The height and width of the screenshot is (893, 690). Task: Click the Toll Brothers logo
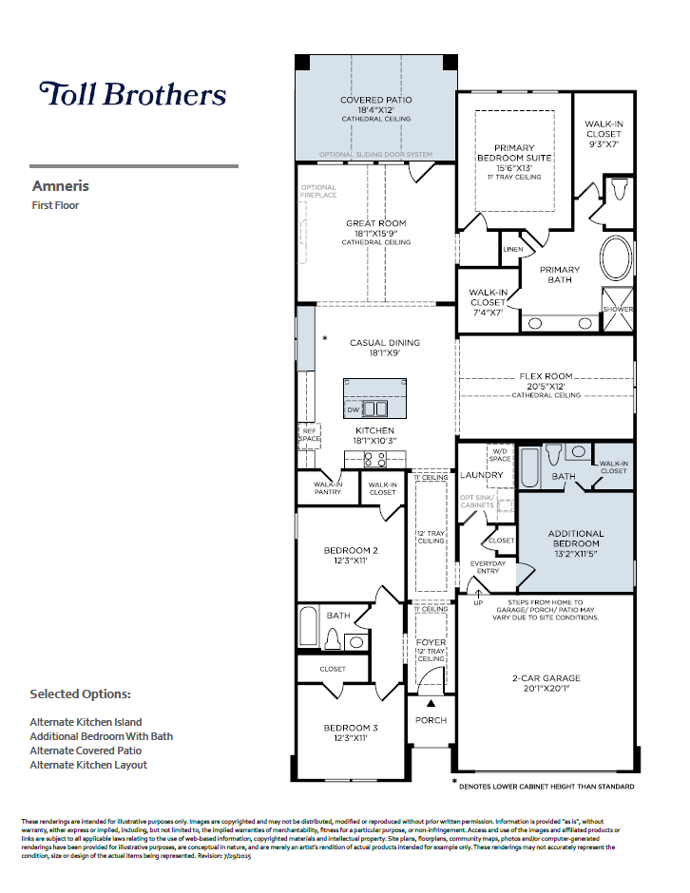[132, 94]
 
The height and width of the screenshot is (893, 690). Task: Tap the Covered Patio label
[375, 100]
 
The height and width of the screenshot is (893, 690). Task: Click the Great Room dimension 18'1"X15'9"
[376, 234]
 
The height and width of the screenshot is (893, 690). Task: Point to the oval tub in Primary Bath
[617, 257]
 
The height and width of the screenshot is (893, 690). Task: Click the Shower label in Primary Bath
[617, 310]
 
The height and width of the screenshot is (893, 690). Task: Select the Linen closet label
[513, 250]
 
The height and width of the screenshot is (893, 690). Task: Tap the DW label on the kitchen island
[353, 410]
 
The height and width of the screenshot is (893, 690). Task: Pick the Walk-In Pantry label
[327, 487]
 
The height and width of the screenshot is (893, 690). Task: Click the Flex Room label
[546, 376]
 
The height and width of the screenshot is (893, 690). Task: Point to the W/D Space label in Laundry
[500, 455]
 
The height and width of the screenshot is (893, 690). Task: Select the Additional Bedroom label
[575, 539]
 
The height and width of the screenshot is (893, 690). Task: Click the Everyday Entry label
[489, 568]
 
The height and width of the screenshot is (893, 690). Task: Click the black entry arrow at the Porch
[431, 703]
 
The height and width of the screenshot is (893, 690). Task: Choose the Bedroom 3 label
[351, 728]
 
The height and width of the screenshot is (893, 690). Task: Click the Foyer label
[431, 643]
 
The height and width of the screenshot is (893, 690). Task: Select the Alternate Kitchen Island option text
[86, 722]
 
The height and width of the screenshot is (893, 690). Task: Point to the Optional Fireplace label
[318, 191]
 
